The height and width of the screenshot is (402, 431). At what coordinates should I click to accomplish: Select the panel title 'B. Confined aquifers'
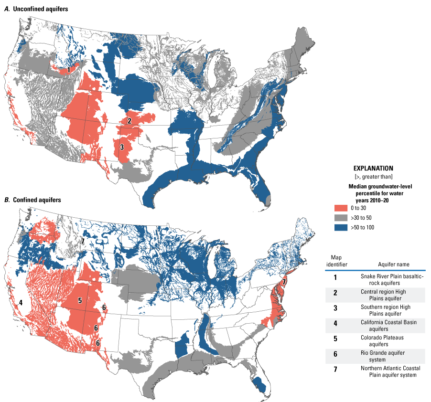(x=32, y=200)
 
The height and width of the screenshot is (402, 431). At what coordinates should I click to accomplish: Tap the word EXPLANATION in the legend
(x=373, y=169)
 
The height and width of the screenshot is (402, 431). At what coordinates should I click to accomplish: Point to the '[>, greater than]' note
(x=373, y=177)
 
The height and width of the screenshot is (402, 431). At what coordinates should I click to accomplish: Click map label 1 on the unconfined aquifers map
(x=69, y=70)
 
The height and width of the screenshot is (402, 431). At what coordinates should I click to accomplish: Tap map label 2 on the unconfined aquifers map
(x=129, y=121)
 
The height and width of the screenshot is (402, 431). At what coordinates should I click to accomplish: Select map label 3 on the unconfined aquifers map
(x=122, y=147)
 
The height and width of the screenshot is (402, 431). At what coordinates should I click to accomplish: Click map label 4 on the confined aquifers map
(x=21, y=302)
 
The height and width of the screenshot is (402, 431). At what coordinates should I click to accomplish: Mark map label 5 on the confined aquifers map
(x=80, y=300)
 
